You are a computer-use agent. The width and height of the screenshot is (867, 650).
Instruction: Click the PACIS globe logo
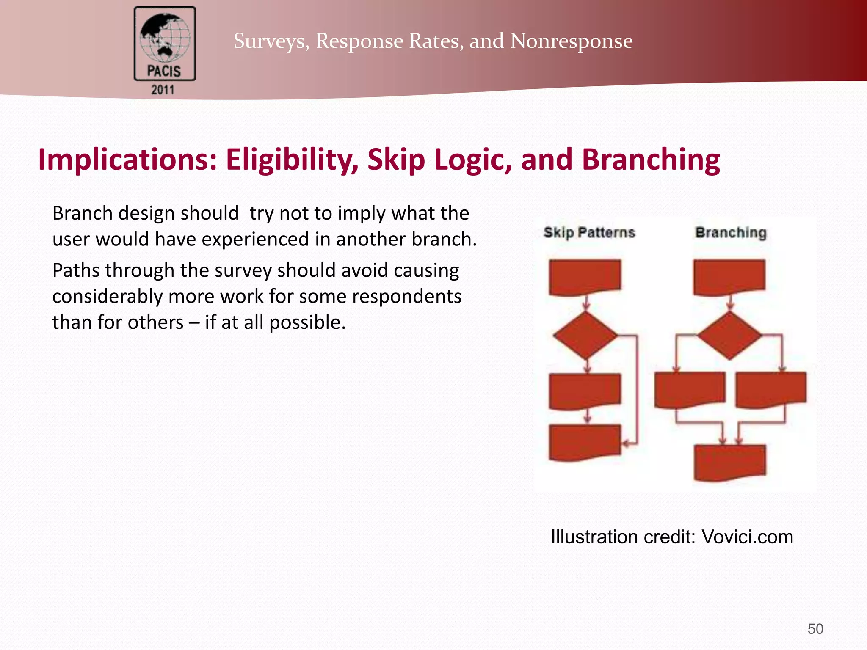click(x=164, y=44)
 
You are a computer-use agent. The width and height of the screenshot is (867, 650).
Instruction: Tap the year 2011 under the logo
click(x=163, y=90)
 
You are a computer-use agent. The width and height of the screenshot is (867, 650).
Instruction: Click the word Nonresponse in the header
click(x=571, y=41)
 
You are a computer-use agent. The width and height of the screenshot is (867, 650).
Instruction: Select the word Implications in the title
click(x=127, y=160)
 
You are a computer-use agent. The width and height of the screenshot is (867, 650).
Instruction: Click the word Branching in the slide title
click(x=651, y=160)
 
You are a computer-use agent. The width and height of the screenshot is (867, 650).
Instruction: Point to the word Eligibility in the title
click(x=292, y=160)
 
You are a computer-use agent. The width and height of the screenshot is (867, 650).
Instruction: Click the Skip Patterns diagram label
click(x=589, y=232)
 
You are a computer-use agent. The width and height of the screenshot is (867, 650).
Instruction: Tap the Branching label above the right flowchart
click(x=731, y=232)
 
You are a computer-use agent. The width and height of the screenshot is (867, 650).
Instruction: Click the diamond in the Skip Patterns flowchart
click(x=585, y=336)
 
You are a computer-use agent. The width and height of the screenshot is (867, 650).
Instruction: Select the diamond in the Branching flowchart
click(x=729, y=336)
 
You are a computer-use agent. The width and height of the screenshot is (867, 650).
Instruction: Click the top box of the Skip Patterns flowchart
click(x=585, y=276)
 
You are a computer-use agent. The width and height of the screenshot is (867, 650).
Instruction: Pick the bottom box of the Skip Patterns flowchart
click(x=585, y=442)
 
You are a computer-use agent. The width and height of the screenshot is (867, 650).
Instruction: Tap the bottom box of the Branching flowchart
click(x=730, y=462)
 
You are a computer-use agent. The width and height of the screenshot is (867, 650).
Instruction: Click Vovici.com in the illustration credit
click(x=747, y=537)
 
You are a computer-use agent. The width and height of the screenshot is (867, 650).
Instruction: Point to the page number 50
click(x=815, y=629)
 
